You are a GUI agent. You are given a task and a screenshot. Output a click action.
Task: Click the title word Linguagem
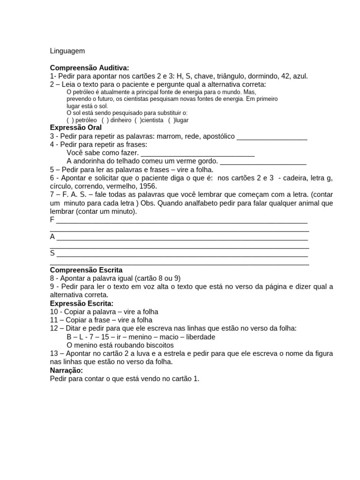tap(67, 51)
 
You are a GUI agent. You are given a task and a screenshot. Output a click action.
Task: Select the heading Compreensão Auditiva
tap(89, 67)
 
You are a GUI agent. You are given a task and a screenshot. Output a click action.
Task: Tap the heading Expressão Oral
tap(75, 127)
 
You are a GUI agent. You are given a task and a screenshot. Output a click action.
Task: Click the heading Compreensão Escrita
tap(86, 270)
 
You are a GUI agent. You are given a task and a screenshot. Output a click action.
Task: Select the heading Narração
tap(66, 370)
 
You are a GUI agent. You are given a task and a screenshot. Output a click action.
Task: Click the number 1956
tap(148, 186)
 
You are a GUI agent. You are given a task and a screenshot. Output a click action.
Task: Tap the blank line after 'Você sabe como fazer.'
tap(197, 153)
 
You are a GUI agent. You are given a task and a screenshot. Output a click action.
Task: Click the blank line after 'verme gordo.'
tap(263, 161)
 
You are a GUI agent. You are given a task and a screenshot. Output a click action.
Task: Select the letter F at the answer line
tap(52, 219)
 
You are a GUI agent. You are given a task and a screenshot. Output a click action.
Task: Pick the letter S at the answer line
tap(52, 253)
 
